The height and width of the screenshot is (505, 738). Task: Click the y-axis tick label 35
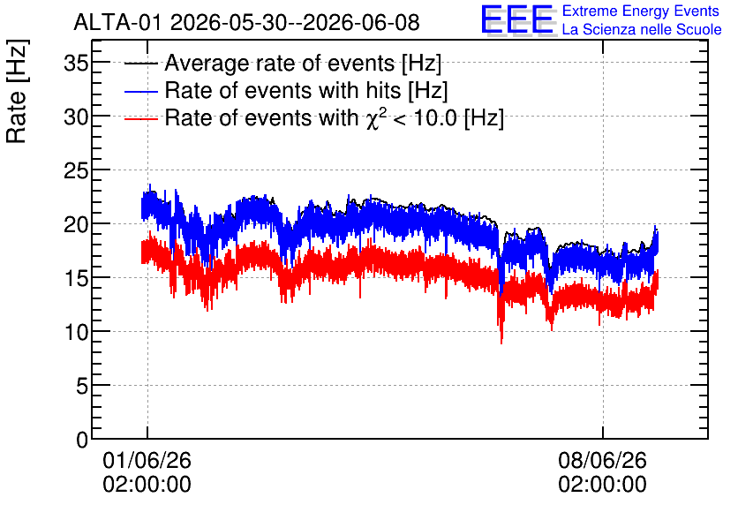[x=76, y=63]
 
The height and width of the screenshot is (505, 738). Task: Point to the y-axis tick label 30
[x=76, y=117]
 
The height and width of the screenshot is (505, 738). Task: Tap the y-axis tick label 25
[x=76, y=170]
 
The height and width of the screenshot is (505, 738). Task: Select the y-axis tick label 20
[x=76, y=224]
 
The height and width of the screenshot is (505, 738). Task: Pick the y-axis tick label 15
[x=76, y=278]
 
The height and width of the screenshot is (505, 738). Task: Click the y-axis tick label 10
[x=76, y=332]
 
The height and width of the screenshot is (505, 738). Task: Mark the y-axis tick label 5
[x=82, y=386]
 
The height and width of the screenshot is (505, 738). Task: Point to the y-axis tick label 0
[x=82, y=440]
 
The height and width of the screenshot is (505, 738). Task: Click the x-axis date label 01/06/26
[x=147, y=460]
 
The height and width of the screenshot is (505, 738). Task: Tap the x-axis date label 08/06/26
[x=602, y=460]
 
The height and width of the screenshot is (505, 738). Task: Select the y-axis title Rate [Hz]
[x=17, y=91]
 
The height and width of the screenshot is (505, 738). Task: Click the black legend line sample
[x=140, y=64]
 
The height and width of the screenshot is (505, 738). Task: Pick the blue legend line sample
[x=140, y=91]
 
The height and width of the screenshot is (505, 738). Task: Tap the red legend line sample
[x=140, y=118]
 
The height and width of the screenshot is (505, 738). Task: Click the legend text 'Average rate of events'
[x=280, y=63]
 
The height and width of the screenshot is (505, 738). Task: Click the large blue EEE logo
[x=517, y=19]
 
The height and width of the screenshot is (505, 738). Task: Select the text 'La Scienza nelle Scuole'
[x=642, y=29]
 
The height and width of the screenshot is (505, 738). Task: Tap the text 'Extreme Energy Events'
[x=641, y=11]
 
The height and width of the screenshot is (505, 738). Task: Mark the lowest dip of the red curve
[x=501, y=343]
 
